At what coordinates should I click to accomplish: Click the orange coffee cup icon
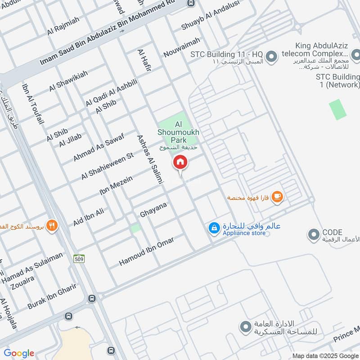(278, 197)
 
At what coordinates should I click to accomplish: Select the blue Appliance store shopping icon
(214, 228)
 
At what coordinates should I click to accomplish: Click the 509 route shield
(79, 258)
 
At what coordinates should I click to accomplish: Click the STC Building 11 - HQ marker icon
(271, 57)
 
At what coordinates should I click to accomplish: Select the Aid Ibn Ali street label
(89, 216)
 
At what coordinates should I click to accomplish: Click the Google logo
(19, 353)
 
